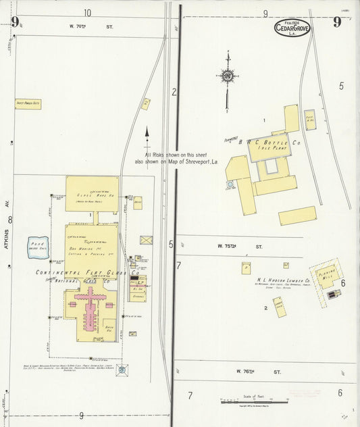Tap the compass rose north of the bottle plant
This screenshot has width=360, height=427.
tap(228, 76)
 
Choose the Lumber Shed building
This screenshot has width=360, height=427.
tap(278, 308)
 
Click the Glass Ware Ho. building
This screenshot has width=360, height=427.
tap(93, 193)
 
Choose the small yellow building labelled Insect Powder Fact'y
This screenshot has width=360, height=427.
tap(28, 104)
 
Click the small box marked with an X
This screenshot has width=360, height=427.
tap(147, 239)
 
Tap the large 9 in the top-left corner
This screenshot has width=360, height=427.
tap(14, 22)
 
